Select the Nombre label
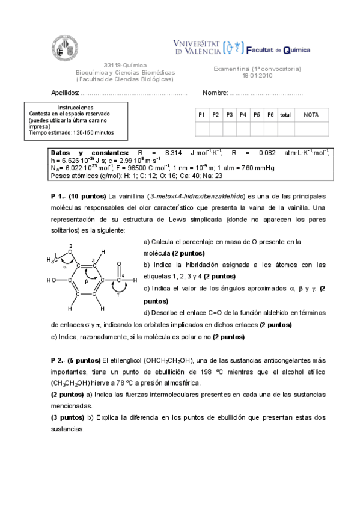(x=215, y=93)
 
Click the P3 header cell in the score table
(x=230, y=114)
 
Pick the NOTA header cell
(x=311, y=114)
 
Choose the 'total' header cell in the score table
(x=285, y=114)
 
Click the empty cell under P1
(x=202, y=128)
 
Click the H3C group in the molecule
(x=52, y=260)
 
